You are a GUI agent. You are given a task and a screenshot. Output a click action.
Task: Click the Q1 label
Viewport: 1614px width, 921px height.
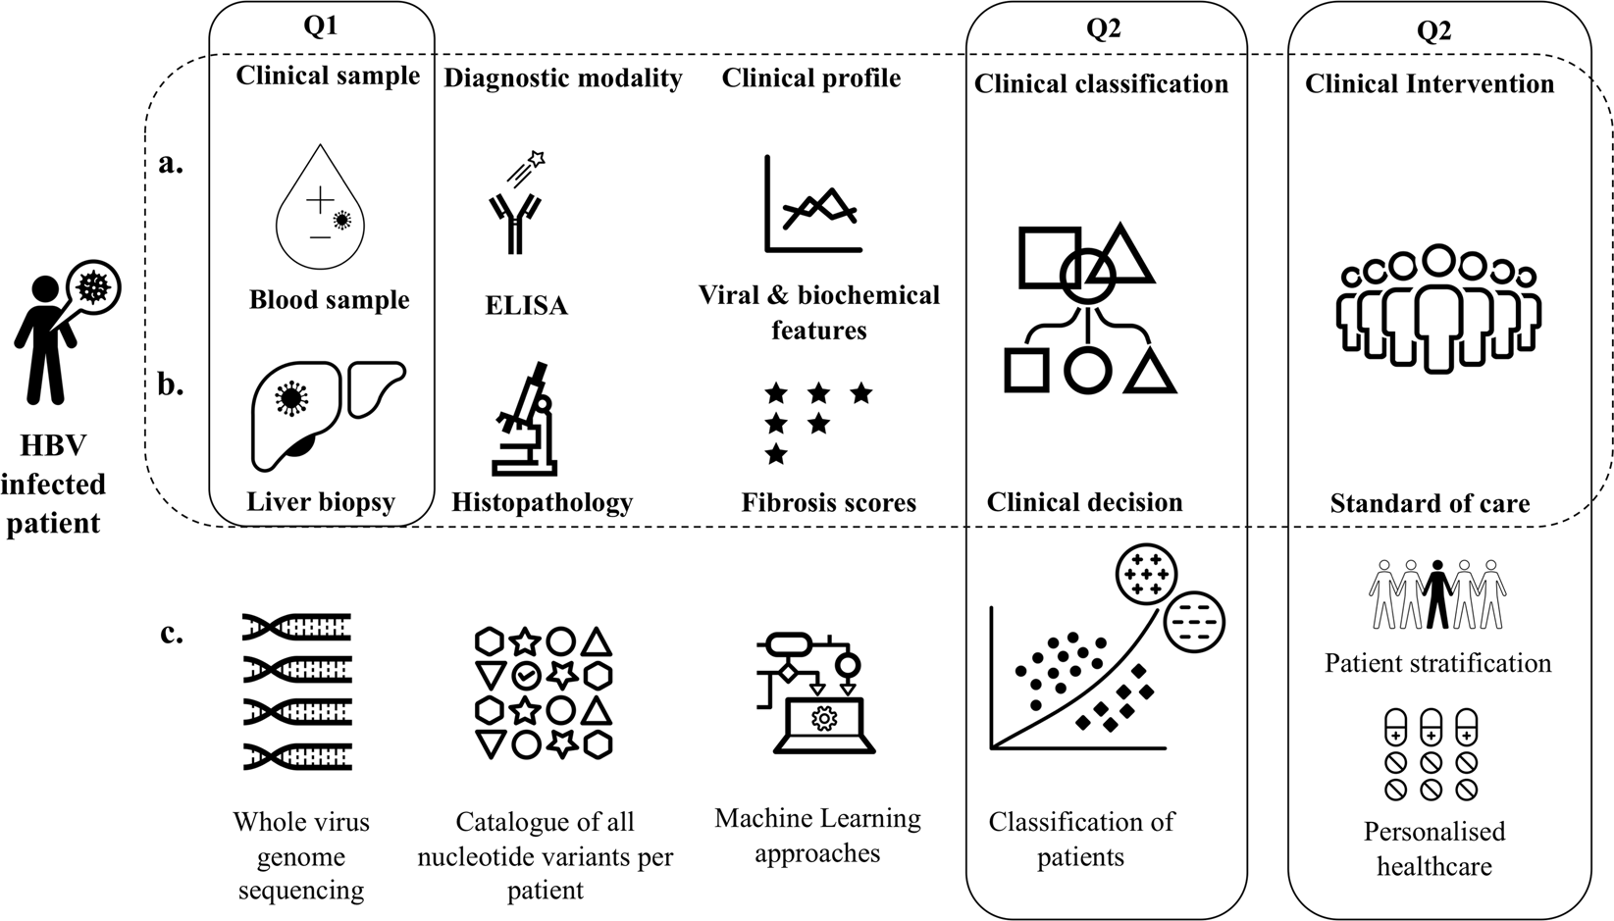321,26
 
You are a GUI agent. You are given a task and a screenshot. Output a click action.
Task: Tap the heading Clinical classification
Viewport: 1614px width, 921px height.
1101,84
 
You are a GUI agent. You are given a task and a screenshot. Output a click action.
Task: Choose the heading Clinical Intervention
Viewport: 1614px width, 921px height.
1430,84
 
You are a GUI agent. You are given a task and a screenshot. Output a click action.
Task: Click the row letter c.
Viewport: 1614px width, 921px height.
172,634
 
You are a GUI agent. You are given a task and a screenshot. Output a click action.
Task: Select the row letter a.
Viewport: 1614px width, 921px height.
171,163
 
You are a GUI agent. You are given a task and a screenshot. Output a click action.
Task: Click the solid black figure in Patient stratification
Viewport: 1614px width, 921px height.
1437,593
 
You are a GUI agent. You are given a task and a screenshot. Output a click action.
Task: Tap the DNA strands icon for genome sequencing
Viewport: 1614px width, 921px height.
297,691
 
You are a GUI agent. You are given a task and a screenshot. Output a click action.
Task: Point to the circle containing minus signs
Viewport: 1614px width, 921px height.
1195,621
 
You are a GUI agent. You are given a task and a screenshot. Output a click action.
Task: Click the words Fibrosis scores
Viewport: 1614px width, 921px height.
828,503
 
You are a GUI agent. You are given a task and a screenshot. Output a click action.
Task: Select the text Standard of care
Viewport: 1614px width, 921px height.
1430,504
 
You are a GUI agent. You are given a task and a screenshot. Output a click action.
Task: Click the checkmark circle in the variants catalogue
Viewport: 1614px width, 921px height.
526,675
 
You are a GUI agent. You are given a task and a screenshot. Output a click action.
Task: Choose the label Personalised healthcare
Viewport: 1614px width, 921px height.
1433,848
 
